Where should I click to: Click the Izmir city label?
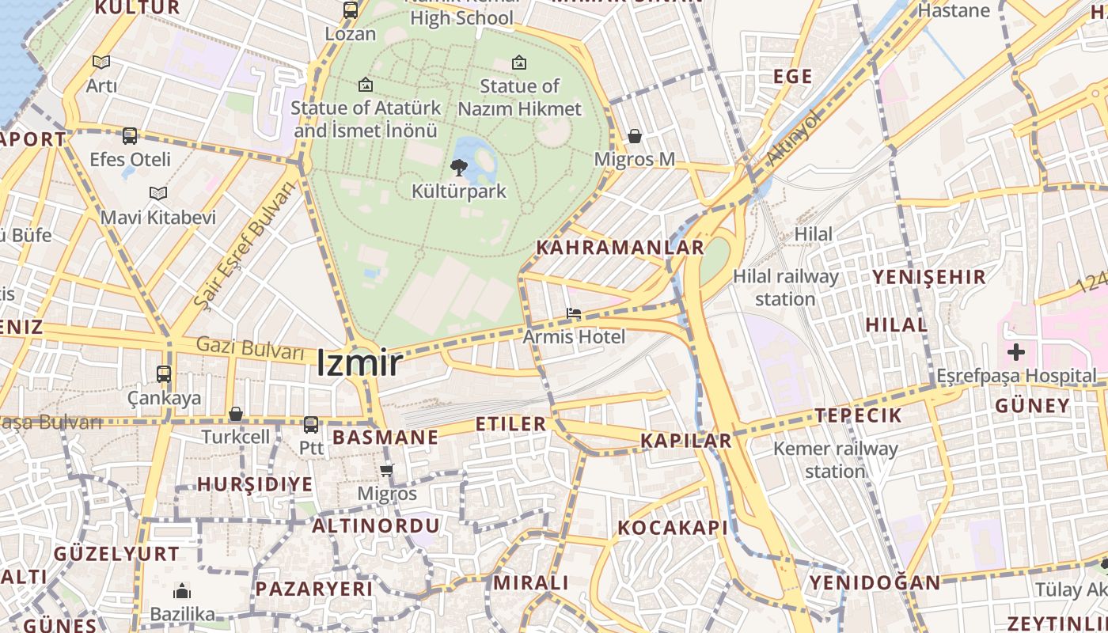click(x=359, y=363)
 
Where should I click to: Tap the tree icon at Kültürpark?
click(x=458, y=167)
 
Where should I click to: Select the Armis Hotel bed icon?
click(x=574, y=314)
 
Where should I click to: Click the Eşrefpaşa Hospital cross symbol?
click(x=1016, y=352)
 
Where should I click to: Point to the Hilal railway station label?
click(x=785, y=287)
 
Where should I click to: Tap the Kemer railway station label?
click(x=835, y=460)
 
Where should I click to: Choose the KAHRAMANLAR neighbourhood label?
click(x=620, y=247)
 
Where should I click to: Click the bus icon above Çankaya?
click(x=164, y=374)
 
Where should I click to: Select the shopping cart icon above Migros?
click(x=387, y=471)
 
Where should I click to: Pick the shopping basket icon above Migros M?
click(x=634, y=137)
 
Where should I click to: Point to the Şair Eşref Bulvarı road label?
click(x=243, y=244)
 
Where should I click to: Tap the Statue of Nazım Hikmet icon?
click(x=519, y=62)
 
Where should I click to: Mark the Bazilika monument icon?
click(x=182, y=591)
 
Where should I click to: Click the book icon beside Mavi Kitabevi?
click(x=158, y=193)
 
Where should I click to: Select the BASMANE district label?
click(x=385, y=438)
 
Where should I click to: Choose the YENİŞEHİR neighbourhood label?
click(x=929, y=277)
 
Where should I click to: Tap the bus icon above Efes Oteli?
click(x=130, y=136)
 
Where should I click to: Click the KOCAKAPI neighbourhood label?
click(x=672, y=528)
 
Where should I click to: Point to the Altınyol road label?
click(x=794, y=138)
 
